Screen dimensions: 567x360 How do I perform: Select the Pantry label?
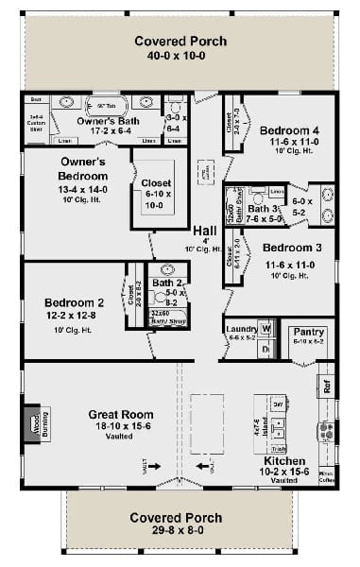(x=309, y=333)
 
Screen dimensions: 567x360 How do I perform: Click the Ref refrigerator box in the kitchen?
(x=327, y=387)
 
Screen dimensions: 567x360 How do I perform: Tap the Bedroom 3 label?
(x=280, y=248)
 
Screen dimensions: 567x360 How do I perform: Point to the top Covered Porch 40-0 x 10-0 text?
(x=179, y=42)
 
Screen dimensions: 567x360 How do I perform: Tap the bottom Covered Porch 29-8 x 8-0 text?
(x=178, y=518)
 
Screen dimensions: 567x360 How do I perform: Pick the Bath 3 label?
(x=265, y=209)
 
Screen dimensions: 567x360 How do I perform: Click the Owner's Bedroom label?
(x=84, y=167)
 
